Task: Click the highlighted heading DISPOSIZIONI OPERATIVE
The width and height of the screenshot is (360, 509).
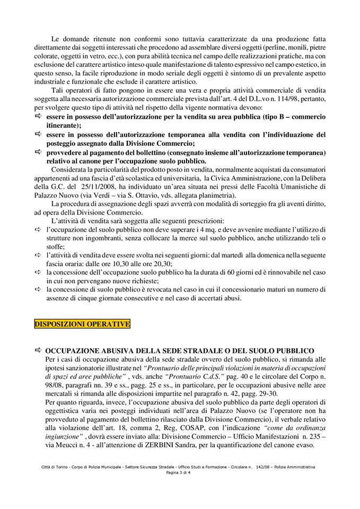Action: [x=82, y=323]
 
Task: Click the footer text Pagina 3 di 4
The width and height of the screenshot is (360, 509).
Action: [x=180, y=472]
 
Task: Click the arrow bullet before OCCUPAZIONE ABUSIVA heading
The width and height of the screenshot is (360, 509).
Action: [x=38, y=350]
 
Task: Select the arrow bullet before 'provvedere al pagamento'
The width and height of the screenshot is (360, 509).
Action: [x=38, y=153]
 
